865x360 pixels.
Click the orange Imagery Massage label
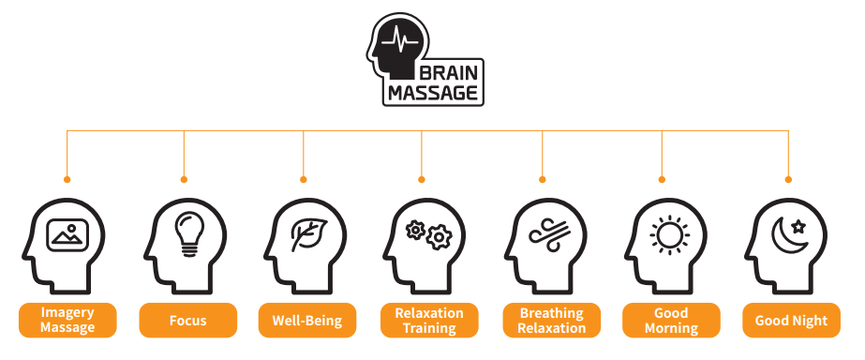[67, 321]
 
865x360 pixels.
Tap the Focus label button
[187, 321]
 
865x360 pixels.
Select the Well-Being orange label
[307, 321]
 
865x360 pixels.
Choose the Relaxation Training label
[429, 321]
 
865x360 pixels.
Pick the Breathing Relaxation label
[552, 321]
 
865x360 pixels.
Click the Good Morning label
[671, 321]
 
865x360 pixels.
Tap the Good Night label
[791, 321]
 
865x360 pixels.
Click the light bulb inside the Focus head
[189, 234]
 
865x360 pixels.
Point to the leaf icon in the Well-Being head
[309, 234]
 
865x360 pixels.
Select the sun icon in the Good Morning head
[669, 235]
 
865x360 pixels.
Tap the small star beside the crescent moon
[798, 226]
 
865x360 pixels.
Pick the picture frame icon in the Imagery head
[67, 235]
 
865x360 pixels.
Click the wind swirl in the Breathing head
[547, 233]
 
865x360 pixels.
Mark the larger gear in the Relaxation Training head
[440, 237]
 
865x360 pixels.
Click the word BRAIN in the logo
[449, 73]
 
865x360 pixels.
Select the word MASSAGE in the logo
[433, 93]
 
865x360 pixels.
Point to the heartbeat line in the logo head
[400, 42]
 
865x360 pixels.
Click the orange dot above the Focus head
[184, 179]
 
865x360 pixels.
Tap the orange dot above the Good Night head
[788, 179]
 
